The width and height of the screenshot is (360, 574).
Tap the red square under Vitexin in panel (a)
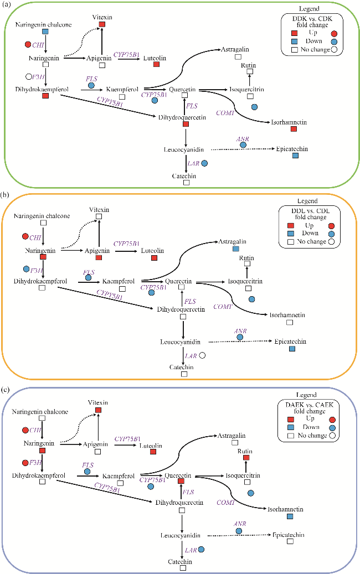(102, 24)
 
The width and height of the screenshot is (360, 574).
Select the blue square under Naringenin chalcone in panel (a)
(45, 32)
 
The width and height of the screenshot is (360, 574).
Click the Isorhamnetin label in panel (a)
(289, 121)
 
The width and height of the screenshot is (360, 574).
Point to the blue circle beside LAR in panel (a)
(204, 163)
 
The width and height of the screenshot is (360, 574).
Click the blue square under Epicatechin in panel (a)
(295, 156)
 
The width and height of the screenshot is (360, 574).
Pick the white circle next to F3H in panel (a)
(28, 76)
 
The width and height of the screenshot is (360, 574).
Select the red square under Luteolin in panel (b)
(155, 258)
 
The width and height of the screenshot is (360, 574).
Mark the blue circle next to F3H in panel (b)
(26, 269)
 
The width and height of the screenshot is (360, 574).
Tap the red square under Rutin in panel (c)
(246, 458)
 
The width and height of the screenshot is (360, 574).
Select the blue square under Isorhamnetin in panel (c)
(289, 516)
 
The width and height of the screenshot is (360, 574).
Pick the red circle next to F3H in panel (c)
(25, 462)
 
